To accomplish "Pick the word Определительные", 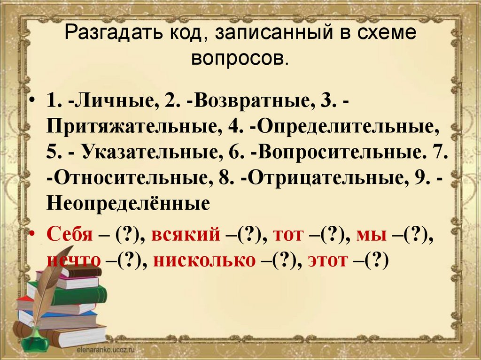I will (348, 127).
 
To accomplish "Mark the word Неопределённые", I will (127, 203).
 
